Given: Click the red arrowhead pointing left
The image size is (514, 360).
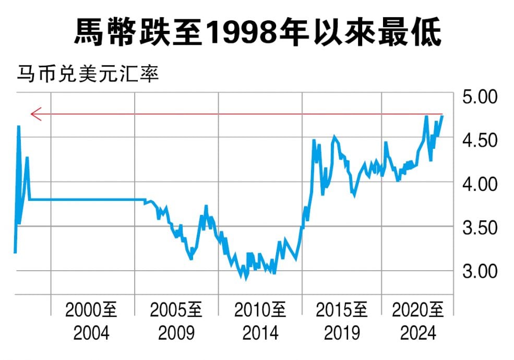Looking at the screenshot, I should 35,114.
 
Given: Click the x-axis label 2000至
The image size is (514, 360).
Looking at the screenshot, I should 91,311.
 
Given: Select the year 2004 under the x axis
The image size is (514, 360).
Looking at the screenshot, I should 91,333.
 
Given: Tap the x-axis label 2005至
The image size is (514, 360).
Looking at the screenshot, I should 176,311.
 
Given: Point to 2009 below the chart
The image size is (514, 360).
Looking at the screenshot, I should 176,333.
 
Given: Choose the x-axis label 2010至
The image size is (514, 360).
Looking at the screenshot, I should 260,311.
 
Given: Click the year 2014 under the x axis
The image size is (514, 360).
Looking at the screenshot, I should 260,333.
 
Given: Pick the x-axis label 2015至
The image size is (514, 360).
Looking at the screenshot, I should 342,311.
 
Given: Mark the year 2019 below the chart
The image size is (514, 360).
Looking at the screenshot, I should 342,333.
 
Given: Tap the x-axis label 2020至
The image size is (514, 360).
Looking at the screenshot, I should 418,311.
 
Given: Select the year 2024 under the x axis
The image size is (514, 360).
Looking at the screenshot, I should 418,333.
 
